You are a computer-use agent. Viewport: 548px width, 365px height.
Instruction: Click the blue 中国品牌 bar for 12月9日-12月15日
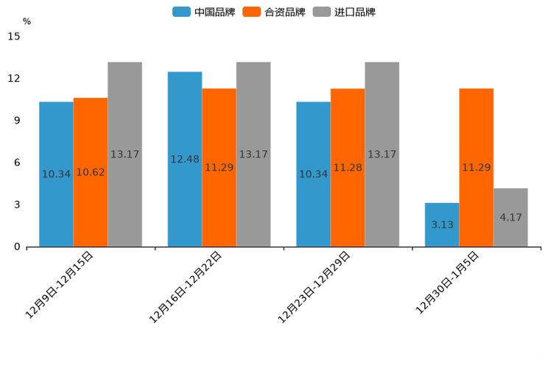pyautogui.click(x=56, y=174)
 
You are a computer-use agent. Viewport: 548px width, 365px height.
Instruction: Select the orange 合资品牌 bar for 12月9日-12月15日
pyautogui.click(x=91, y=172)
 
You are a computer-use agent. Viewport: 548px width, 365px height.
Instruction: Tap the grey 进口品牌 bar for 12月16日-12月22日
pyautogui.click(x=253, y=154)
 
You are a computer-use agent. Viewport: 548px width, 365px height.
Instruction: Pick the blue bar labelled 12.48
pyautogui.click(x=185, y=159)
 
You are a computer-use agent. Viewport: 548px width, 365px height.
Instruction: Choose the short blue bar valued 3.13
pyautogui.click(x=442, y=224)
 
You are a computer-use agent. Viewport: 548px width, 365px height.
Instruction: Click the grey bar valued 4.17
pyautogui.click(x=510, y=217)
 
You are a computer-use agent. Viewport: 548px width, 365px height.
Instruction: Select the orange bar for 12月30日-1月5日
pyautogui.click(x=477, y=167)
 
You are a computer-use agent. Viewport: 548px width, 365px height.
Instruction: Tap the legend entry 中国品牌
pyautogui.click(x=203, y=12)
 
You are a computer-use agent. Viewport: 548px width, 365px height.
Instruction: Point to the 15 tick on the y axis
pyautogui.click(x=14, y=36)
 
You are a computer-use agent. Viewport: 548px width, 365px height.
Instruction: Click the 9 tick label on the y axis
pyautogui.click(x=17, y=121)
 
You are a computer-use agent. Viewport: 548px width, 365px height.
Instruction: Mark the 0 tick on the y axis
pyautogui.click(x=17, y=247)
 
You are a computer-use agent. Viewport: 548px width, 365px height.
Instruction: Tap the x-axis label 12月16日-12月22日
pyautogui.click(x=186, y=287)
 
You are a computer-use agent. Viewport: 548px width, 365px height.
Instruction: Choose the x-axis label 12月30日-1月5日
pyautogui.click(x=447, y=283)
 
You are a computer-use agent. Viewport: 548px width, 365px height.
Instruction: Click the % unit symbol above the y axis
pyautogui.click(x=27, y=21)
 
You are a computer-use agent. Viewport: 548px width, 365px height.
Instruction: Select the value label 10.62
pyautogui.click(x=91, y=172)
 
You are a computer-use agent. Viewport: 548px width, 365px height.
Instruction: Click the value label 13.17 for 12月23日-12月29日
pyautogui.click(x=382, y=155)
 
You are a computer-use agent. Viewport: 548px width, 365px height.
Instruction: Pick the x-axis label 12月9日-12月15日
pyautogui.click(x=59, y=285)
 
